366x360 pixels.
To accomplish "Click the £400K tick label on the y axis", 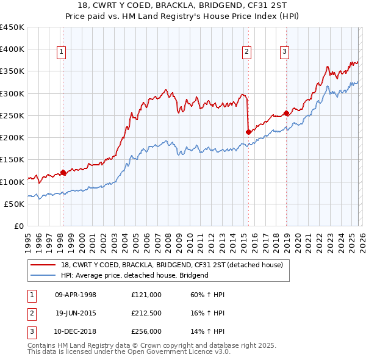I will [x=12, y=49].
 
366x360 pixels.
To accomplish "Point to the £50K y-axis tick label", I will [x=14, y=204].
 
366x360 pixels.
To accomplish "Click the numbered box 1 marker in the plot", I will [x=62, y=52].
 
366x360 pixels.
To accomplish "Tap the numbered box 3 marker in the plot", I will [x=284, y=52].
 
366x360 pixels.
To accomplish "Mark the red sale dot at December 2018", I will [x=285, y=113].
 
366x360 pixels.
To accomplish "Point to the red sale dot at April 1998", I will [x=63, y=173].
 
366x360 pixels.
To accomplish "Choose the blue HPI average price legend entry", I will [x=135, y=275].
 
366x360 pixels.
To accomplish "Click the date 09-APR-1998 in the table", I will [x=76, y=295].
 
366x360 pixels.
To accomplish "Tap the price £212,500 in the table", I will [x=146, y=313].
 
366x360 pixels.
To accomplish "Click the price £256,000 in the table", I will [x=146, y=331].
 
